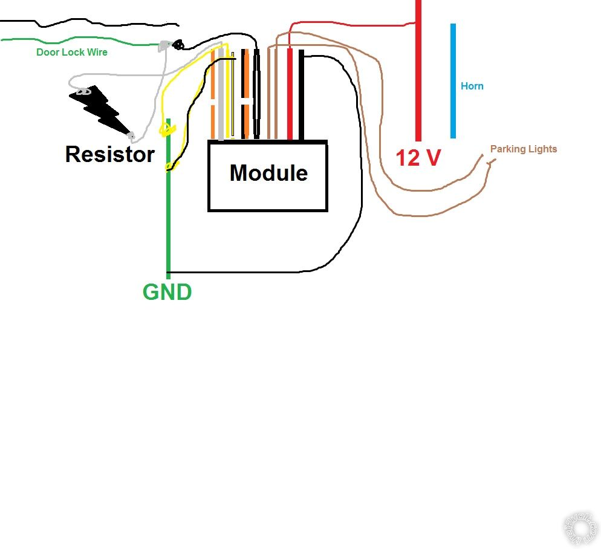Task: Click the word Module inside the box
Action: [x=268, y=174]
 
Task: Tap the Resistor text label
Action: [x=109, y=154]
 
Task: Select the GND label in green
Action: [x=167, y=293]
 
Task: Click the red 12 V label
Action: [x=418, y=158]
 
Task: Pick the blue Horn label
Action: [x=472, y=86]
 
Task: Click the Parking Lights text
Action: [x=523, y=149]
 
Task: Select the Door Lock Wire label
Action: [x=72, y=53]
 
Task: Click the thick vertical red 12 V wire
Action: [x=418, y=79]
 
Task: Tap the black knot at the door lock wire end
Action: [x=178, y=45]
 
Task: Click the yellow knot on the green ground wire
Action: [x=165, y=128]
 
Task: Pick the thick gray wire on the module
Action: [x=221, y=97]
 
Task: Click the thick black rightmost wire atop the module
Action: [x=300, y=97]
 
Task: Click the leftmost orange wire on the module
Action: [x=213, y=97]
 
